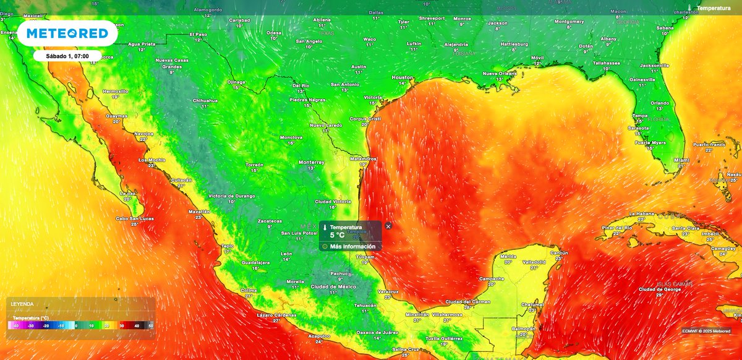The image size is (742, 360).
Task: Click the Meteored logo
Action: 67,33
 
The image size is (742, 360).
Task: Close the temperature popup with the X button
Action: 388,226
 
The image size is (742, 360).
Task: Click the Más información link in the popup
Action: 352,246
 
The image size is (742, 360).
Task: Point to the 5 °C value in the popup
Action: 337,235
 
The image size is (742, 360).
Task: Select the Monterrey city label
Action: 311,162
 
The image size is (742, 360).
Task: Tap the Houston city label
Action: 402,77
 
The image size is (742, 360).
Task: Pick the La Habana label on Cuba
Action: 641,213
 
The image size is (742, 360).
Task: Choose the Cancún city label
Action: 559,253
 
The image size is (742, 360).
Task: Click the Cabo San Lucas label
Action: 134,219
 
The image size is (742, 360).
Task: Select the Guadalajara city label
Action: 255,262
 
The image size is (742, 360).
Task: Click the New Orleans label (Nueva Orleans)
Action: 499,74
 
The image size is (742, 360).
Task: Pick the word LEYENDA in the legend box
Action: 22,304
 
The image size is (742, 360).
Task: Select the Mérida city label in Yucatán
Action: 508,256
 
